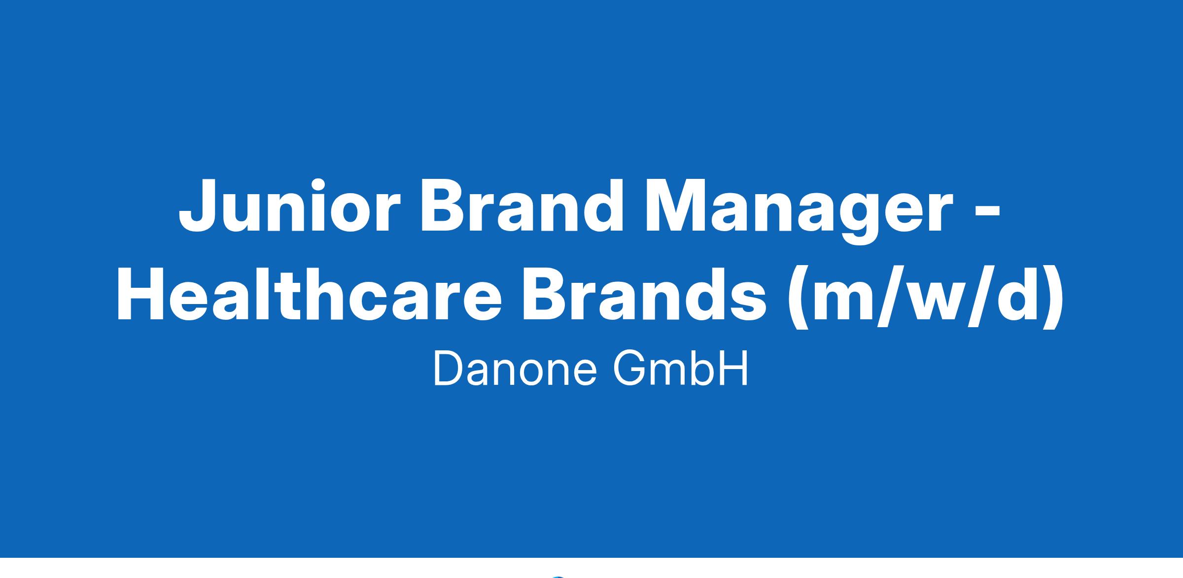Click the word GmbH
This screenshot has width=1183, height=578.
(681, 370)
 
